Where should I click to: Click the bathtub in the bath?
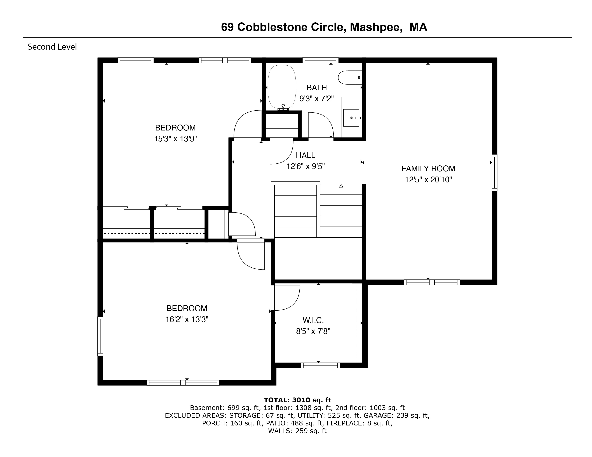pyautogui.click(x=282, y=87)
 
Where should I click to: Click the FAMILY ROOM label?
pyautogui.click(x=428, y=169)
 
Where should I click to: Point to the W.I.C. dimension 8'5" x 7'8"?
pyautogui.click(x=313, y=331)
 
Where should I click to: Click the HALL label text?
pyautogui.click(x=306, y=155)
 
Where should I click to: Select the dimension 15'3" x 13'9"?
pyautogui.click(x=175, y=139)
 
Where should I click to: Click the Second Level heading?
pyautogui.click(x=52, y=47)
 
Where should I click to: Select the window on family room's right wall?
pyautogui.click(x=494, y=172)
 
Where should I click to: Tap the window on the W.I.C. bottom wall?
pyautogui.click(x=320, y=365)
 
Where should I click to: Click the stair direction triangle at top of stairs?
pyautogui.click(x=341, y=186)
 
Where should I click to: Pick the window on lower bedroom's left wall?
pyautogui.click(x=100, y=336)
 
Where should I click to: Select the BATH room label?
pyautogui.click(x=317, y=88)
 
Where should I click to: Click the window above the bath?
pyautogui.click(x=320, y=60)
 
